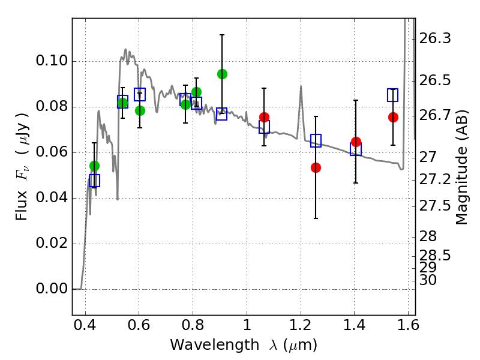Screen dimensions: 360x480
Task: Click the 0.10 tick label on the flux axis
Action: tap(53, 62)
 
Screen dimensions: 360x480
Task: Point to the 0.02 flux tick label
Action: tap(53, 244)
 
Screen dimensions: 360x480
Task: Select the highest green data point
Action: tap(222, 74)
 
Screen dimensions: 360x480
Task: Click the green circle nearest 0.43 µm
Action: tap(94, 166)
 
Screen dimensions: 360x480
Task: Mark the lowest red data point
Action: tap(316, 167)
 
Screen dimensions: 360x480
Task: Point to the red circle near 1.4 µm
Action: tap(356, 142)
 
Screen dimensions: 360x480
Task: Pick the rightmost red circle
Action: tap(393, 117)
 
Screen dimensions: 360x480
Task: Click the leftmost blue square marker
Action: tap(94, 180)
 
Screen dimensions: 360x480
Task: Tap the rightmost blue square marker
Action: tap(393, 95)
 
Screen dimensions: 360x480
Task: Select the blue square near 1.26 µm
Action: tap(316, 140)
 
